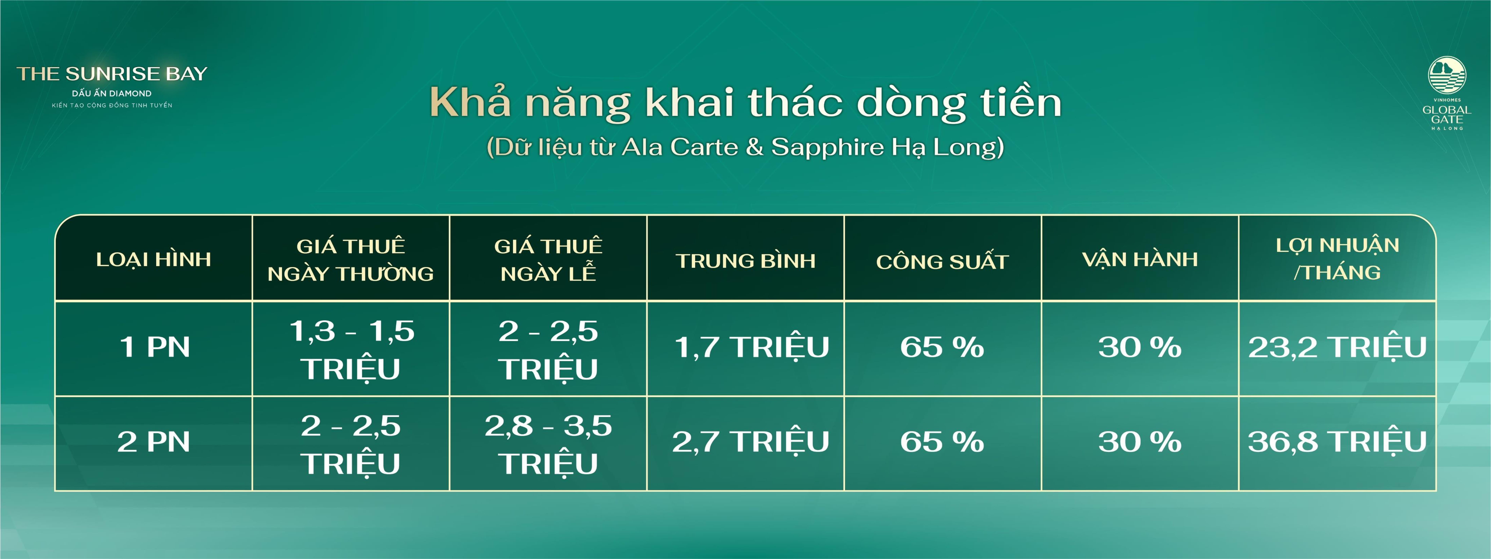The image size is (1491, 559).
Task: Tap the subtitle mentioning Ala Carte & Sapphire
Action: pos(745,147)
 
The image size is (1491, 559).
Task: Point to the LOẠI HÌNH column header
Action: pos(153,259)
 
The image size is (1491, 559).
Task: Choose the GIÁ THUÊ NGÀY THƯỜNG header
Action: pos(351,259)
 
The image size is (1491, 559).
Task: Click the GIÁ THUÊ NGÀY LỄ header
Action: pos(548,259)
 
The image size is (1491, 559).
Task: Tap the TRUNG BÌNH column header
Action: pos(745,260)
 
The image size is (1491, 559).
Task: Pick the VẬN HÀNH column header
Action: pos(1140,259)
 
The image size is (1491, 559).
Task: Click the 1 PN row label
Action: pos(154,347)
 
